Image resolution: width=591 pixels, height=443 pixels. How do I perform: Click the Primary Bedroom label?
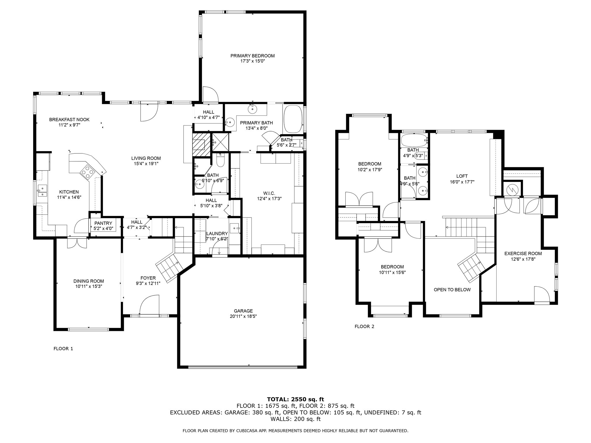click(252, 56)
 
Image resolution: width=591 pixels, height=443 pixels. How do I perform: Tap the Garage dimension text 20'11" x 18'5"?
click(243, 316)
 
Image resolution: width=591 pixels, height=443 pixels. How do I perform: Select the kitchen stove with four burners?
click(88, 172)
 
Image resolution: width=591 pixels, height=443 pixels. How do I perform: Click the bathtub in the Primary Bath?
click(293, 119)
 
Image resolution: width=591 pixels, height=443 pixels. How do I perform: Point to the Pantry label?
click(103, 223)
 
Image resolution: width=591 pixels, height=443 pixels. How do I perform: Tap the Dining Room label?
click(88, 281)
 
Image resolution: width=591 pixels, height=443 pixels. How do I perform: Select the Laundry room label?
click(217, 233)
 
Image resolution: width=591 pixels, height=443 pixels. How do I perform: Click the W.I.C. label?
click(269, 193)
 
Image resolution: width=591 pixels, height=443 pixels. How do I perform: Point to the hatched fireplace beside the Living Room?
click(201, 144)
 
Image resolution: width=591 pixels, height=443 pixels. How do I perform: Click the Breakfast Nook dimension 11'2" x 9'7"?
click(69, 125)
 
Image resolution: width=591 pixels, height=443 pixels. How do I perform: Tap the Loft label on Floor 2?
click(462, 176)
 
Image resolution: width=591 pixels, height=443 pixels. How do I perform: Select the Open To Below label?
click(452, 290)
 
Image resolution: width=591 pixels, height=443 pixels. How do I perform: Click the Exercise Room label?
click(523, 254)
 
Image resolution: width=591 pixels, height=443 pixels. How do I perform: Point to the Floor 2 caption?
click(364, 326)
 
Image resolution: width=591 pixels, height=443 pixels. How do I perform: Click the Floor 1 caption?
click(63, 348)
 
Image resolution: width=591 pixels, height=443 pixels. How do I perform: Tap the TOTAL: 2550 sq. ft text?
click(295, 399)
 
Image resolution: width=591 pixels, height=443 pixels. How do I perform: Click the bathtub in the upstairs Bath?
click(414, 140)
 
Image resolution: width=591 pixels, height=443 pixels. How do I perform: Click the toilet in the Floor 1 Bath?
click(220, 161)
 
